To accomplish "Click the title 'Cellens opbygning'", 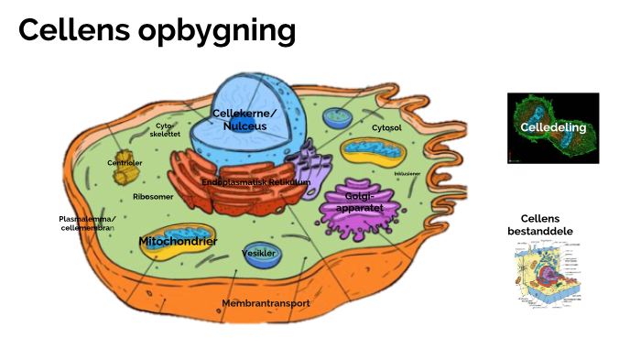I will pyautogui.click(x=157, y=31).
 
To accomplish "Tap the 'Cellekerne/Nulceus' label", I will pyautogui.click(x=244, y=119).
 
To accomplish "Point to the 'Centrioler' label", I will pyautogui.click(x=125, y=163).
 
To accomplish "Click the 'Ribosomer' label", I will pyautogui.click(x=153, y=196).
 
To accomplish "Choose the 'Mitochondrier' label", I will pyautogui.click(x=178, y=241).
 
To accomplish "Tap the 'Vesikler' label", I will pyautogui.click(x=258, y=253).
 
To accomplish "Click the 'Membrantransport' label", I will pyautogui.click(x=266, y=302).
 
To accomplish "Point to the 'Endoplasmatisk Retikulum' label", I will pyautogui.click(x=256, y=182).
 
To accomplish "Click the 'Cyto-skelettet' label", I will pyautogui.click(x=168, y=129).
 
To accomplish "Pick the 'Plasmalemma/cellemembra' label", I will pyautogui.click(x=87, y=224).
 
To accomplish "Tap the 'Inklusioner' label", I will pyautogui.click(x=407, y=173).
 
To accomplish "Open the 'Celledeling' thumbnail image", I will pyautogui.click(x=553, y=128).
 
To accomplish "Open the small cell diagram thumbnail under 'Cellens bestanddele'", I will pyautogui.click(x=547, y=276).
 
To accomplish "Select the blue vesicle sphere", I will pyautogui.click(x=262, y=256).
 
